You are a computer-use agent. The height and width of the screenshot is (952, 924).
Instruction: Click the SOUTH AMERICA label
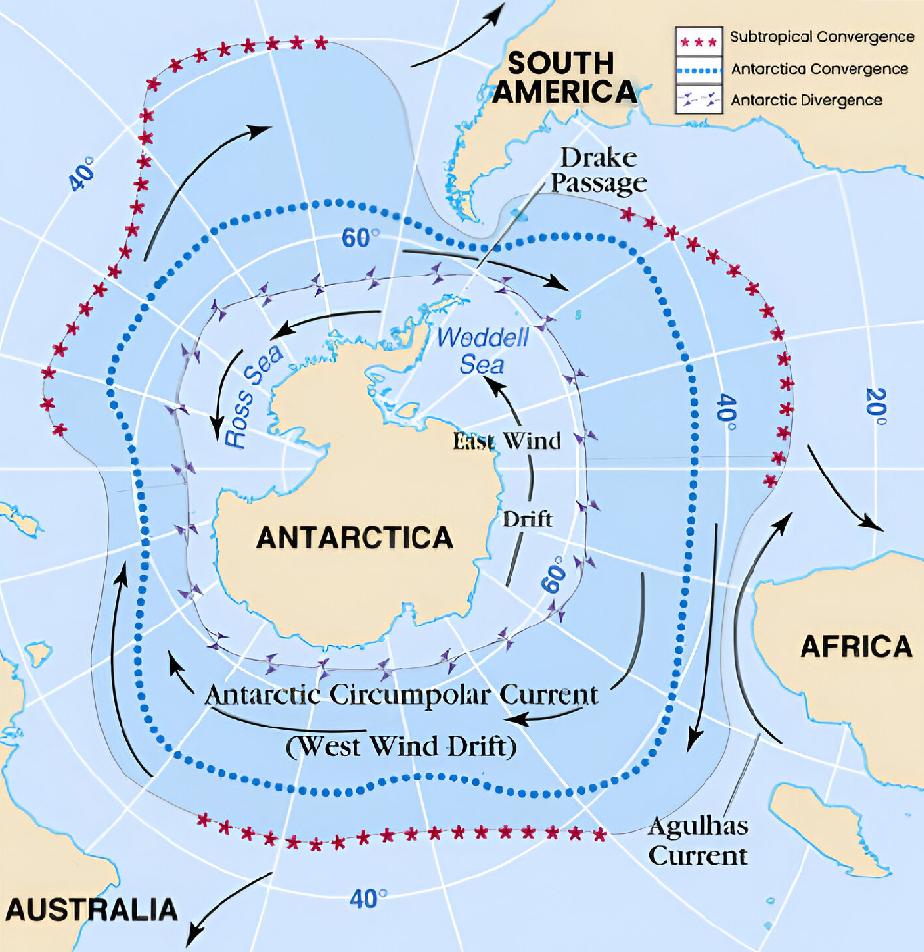coord(566,77)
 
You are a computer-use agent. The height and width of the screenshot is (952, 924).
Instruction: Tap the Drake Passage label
coord(602,170)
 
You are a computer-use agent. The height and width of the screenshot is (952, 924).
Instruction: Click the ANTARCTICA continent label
coord(354,537)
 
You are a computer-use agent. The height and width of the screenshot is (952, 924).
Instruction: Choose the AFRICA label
coord(855,646)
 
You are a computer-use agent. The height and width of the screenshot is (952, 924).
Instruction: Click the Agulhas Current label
coord(698,840)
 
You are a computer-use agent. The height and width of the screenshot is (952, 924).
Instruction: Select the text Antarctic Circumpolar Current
coord(401,695)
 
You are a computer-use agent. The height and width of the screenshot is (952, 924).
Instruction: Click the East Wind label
coord(507,441)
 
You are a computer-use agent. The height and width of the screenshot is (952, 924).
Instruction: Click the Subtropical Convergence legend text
coord(821,37)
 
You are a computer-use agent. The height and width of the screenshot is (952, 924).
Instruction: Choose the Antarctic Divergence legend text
coord(805,100)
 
